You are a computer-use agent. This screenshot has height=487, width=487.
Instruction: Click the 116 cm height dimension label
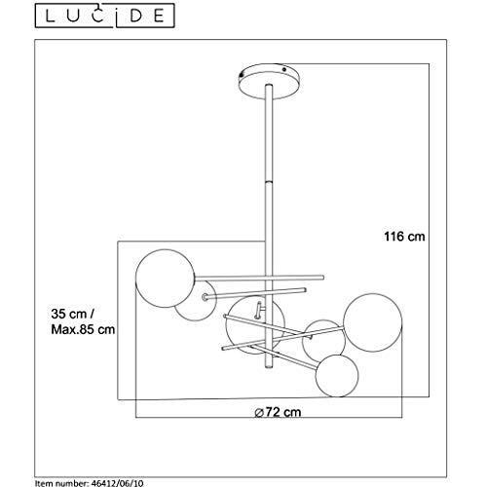point(404,237)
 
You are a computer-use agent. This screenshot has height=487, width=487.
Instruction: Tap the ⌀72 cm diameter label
point(278,412)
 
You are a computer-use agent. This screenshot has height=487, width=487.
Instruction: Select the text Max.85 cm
point(83,329)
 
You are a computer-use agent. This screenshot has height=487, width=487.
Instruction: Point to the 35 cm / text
point(73,314)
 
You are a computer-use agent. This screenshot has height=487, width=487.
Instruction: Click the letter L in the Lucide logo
point(50,16)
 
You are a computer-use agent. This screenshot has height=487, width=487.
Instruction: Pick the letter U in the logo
point(74,16)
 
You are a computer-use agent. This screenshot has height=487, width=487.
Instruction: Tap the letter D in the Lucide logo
point(135,16)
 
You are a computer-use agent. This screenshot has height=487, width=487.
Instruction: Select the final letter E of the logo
point(159,16)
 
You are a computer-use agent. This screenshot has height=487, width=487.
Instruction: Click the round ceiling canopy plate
point(269,81)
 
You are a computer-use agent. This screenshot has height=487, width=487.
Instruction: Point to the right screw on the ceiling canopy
point(284,69)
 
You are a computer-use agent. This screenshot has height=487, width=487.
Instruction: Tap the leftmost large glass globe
point(166,279)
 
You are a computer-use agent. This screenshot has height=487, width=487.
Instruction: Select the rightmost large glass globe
point(372,322)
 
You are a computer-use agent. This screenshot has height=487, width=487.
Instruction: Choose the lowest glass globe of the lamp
point(337,376)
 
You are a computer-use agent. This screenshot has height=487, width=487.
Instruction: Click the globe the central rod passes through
point(255,324)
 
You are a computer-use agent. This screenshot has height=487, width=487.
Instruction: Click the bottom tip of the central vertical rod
point(269,368)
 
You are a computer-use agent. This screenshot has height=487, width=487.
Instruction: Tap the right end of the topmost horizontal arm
point(322,278)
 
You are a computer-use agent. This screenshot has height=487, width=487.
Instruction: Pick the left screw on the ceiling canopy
point(241,74)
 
